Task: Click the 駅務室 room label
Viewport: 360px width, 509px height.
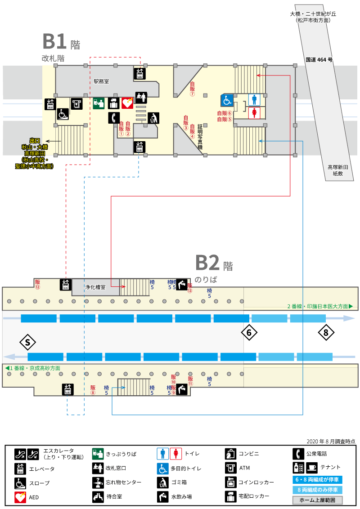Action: (x=101, y=81)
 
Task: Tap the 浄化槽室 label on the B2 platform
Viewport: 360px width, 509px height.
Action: (x=95, y=287)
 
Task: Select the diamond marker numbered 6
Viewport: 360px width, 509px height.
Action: (x=249, y=333)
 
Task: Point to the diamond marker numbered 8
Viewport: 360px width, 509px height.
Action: (x=326, y=332)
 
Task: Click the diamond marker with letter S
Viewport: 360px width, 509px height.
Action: (x=27, y=342)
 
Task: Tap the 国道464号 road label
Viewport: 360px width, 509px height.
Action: (x=319, y=60)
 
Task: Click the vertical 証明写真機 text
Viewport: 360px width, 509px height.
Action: (x=200, y=137)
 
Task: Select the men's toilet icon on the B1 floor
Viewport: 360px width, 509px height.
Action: (x=254, y=100)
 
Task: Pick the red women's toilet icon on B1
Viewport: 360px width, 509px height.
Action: (x=254, y=113)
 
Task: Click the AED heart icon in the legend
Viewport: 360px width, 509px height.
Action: (x=20, y=497)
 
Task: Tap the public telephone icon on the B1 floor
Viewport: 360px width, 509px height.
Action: (x=114, y=117)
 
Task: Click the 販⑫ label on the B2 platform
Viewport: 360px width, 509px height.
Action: (x=38, y=284)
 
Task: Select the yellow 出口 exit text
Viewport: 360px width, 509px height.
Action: (x=35, y=141)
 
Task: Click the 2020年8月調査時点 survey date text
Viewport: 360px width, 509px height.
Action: (x=331, y=442)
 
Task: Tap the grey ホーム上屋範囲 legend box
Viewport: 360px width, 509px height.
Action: (x=317, y=500)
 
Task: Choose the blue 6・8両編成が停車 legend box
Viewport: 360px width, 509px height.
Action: (x=317, y=479)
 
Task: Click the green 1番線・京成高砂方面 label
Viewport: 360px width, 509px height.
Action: (x=33, y=368)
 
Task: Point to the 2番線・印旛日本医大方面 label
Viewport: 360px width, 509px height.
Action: (x=320, y=306)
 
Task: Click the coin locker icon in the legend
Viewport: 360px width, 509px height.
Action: (x=231, y=482)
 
